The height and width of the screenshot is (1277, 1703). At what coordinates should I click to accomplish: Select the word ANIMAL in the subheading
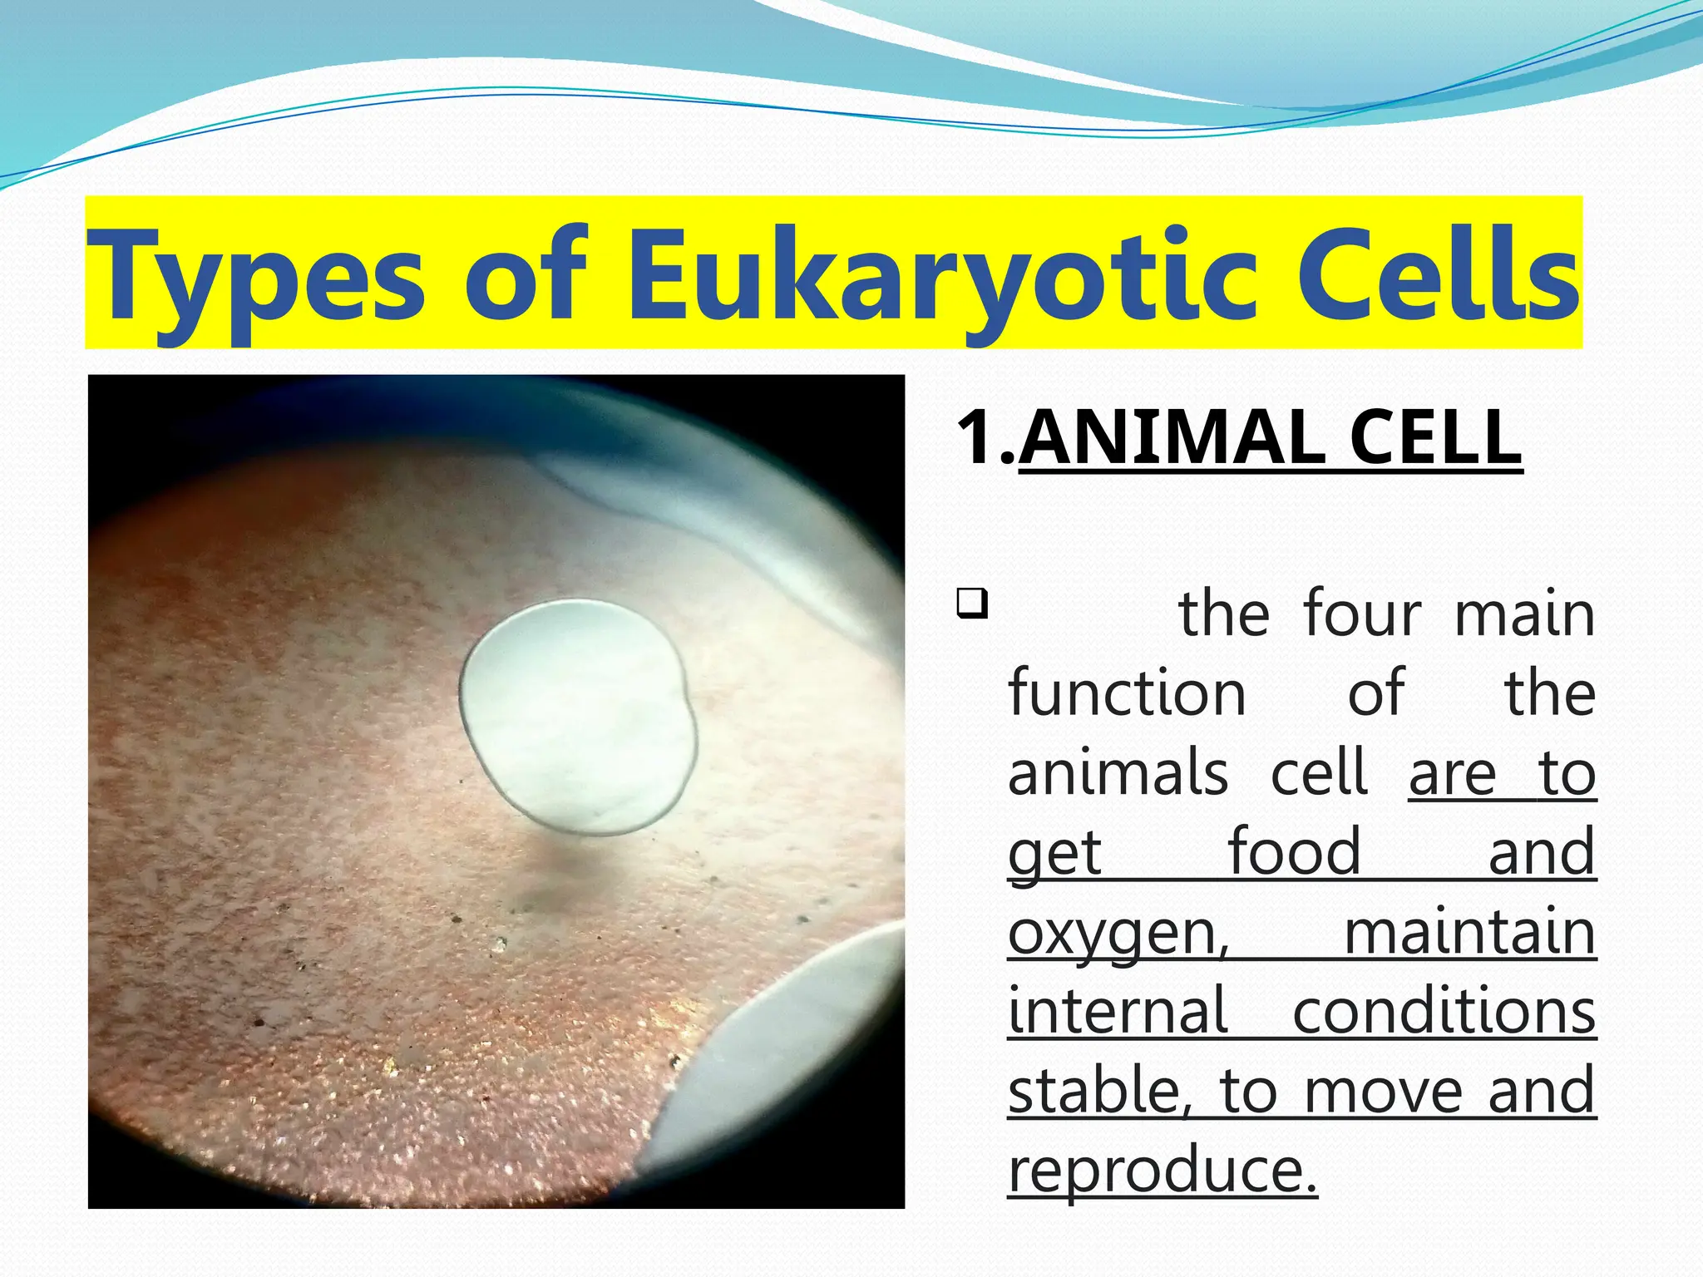coord(1172,438)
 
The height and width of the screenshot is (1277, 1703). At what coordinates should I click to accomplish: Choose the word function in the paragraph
coord(1127,693)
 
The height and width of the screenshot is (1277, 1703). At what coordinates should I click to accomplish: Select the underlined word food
coord(1295,852)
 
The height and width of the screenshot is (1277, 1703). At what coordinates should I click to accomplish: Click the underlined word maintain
coord(1469,933)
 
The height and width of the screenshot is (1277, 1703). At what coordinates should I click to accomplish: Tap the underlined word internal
coord(1118,1012)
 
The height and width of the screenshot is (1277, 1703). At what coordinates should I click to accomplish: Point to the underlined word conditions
coord(1444,1012)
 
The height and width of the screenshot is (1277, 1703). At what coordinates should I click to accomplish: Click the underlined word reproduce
coord(1162,1171)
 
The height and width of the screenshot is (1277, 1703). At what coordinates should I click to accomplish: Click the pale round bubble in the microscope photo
coord(577,717)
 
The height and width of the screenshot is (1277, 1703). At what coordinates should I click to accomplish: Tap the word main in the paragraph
coord(1524,614)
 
